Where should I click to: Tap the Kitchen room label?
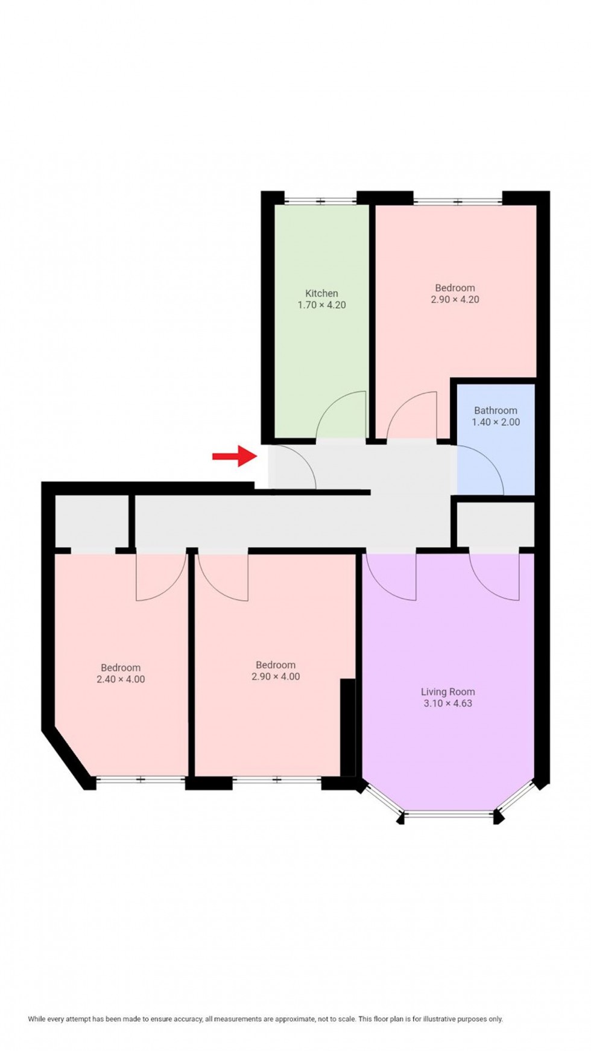(321, 293)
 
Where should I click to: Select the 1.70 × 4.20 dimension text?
(321, 305)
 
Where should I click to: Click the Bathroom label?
(495, 410)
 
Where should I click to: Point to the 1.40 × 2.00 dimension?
(495, 422)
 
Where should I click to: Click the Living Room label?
(447, 691)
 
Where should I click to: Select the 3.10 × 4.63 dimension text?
(447, 703)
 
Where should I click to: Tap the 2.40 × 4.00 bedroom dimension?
(121, 679)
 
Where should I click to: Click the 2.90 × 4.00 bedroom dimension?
(276, 677)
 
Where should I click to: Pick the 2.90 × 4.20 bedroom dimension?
(455, 299)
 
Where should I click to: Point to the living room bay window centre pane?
(449, 816)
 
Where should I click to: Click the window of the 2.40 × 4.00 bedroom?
(141, 780)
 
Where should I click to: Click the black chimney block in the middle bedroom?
(347, 727)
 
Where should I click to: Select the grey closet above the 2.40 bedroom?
(92, 522)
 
